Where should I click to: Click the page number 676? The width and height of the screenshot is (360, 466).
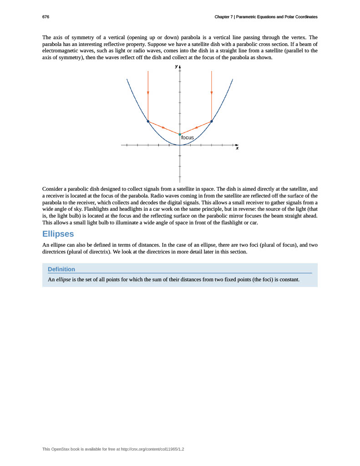point(46,17)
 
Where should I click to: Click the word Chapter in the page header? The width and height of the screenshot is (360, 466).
point(223,17)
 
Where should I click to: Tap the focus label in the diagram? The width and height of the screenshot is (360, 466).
point(188,137)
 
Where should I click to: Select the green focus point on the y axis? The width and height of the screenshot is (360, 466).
point(180,134)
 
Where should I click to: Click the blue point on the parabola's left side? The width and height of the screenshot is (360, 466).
point(148,121)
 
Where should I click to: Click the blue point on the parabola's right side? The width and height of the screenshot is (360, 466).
point(212,121)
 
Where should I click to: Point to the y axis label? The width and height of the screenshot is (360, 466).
point(176,66)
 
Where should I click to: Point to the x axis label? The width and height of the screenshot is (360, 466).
point(237,148)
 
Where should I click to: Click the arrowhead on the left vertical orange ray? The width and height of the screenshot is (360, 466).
point(148,93)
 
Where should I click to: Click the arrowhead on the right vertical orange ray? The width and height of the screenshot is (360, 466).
point(212,93)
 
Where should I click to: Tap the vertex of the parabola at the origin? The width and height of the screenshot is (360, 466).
point(180,145)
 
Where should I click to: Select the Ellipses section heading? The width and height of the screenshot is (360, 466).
point(58,234)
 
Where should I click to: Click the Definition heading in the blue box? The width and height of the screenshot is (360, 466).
point(61,269)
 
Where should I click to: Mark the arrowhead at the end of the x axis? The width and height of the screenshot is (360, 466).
point(237,145)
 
